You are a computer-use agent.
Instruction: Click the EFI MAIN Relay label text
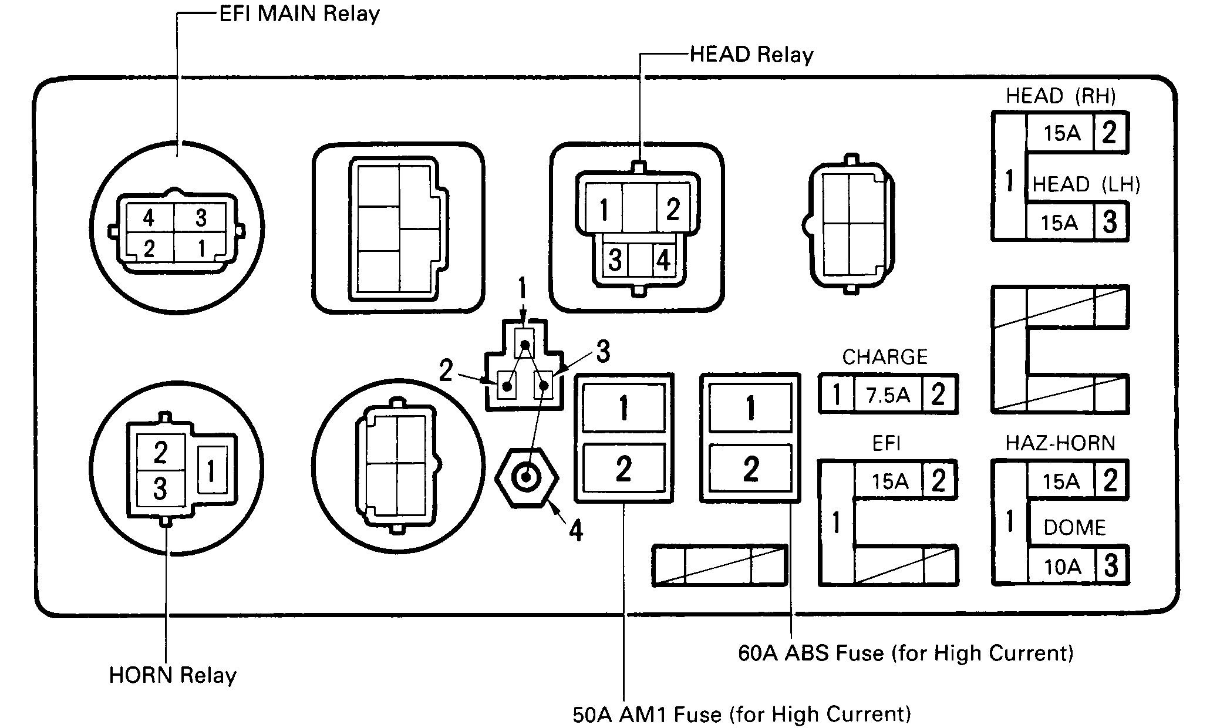299,14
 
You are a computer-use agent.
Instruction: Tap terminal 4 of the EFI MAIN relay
149,218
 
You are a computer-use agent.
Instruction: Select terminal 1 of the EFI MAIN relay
201,248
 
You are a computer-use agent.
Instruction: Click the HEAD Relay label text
751,55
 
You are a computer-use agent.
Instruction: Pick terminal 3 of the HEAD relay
615,259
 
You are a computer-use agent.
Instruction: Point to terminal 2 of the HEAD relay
673,208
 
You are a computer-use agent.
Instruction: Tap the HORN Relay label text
173,676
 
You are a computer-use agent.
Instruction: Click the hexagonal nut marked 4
526,477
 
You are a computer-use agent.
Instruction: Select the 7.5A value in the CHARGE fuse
888,395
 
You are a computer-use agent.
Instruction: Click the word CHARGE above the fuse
885,357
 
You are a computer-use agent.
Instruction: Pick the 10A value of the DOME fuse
1062,567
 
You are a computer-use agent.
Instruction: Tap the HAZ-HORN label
1060,443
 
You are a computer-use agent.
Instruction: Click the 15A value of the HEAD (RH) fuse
1061,134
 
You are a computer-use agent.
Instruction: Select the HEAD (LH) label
1086,185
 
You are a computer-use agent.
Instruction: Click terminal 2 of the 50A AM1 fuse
623,469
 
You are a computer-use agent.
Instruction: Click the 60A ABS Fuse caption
905,653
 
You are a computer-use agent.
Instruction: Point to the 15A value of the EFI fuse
889,481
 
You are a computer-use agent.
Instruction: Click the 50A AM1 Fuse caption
741,714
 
